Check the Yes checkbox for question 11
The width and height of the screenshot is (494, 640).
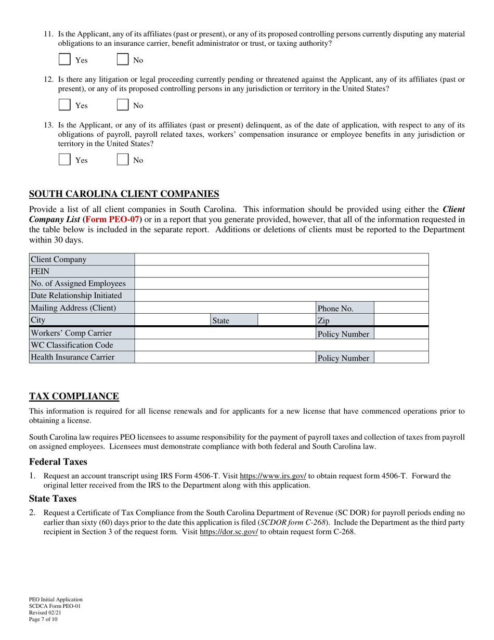(64, 59)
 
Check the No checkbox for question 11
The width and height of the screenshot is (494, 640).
(122, 59)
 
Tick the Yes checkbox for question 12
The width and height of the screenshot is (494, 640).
(64, 105)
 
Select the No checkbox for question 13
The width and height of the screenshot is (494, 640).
(122, 160)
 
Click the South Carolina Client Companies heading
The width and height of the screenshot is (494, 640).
(124, 194)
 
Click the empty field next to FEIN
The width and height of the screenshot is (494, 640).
(281, 271)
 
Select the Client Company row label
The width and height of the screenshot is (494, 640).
(82, 260)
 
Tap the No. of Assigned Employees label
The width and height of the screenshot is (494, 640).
(82, 284)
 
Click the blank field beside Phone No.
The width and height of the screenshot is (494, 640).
(401, 308)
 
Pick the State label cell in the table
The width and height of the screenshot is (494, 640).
(233, 321)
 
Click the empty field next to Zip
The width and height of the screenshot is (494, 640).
(401, 320)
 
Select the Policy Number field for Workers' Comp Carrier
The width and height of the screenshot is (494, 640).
(401, 334)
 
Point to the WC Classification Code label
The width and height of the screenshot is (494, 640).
(82, 345)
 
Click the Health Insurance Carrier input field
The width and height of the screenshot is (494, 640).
(225, 357)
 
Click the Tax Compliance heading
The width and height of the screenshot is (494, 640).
(74, 396)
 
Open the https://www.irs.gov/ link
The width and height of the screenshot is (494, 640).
(272, 476)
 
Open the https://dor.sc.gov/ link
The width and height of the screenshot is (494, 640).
(228, 532)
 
